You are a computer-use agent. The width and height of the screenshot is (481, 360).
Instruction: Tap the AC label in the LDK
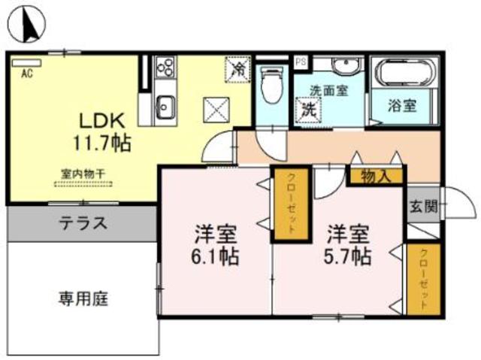(26, 74)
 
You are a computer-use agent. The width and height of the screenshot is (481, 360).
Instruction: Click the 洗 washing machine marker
(308, 108)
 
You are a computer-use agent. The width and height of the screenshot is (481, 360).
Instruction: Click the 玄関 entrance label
(422, 207)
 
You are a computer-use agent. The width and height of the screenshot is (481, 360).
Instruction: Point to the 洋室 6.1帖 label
(216, 244)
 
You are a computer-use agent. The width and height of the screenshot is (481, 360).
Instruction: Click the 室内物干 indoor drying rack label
(83, 174)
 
